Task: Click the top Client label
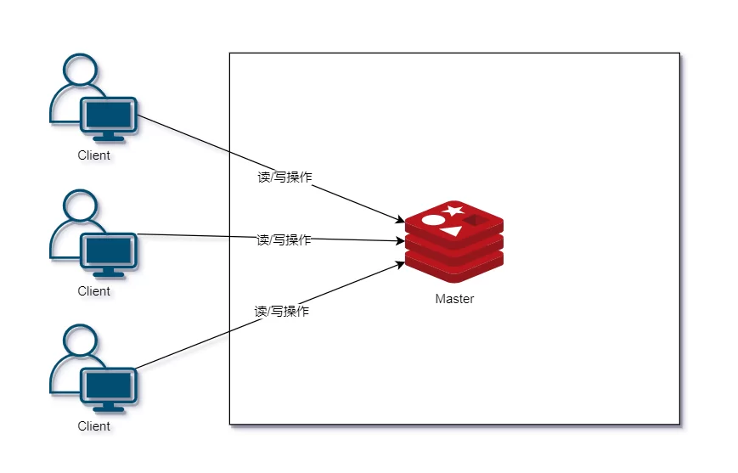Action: tap(94, 155)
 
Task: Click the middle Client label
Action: tap(94, 291)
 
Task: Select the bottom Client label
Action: tap(94, 426)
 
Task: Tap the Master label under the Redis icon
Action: tap(454, 299)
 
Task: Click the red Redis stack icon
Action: tap(454, 242)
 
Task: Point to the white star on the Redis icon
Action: tap(453, 211)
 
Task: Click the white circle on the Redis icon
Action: tap(433, 221)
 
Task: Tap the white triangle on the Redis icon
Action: tap(451, 230)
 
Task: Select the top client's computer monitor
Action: tap(108, 115)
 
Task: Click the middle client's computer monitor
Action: tap(108, 251)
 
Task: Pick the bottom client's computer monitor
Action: tap(108, 386)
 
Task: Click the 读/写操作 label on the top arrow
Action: tap(284, 177)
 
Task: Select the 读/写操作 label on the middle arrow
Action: tap(284, 240)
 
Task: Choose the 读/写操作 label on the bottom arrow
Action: tap(282, 312)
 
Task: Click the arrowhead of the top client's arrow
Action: tap(400, 222)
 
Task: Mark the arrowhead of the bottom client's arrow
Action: tap(400, 264)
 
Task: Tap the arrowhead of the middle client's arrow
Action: tap(401, 241)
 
